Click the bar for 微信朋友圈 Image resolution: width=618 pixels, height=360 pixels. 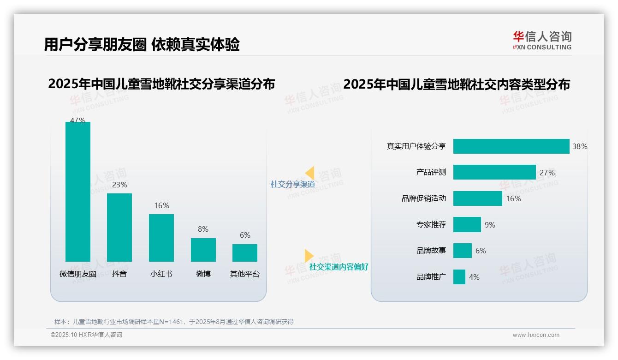coord(78,192)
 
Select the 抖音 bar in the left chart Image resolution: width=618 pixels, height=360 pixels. coord(119,227)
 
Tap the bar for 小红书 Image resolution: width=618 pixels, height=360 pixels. coord(161,238)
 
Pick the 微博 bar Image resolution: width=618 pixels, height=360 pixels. coord(203,250)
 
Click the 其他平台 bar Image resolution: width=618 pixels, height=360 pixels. coord(245,253)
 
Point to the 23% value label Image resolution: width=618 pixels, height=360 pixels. coord(119,185)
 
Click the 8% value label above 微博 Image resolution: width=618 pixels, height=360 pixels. coord(203,229)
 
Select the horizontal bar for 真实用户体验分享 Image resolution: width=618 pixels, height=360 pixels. coord(511,146)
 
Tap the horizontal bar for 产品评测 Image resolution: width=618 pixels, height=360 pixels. coord(494,172)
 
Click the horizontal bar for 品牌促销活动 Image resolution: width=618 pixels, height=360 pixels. coord(477,198)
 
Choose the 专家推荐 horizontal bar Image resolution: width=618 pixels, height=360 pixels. coord(467,225)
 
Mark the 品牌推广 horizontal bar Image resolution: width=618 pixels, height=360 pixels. coord(459,277)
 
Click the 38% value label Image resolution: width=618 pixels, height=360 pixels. coord(580,146)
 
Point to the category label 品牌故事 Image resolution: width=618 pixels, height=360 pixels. coord(431,251)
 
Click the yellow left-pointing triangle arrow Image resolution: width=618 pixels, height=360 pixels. coord(310,173)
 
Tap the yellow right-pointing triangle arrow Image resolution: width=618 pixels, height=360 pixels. coord(309,256)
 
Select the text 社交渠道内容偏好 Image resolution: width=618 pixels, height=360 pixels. coord(339,267)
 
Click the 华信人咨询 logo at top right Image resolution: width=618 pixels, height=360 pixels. coord(542,40)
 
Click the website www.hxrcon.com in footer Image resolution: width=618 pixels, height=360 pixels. coord(536,335)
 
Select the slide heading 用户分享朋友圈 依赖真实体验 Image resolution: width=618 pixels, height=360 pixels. coord(142,45)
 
